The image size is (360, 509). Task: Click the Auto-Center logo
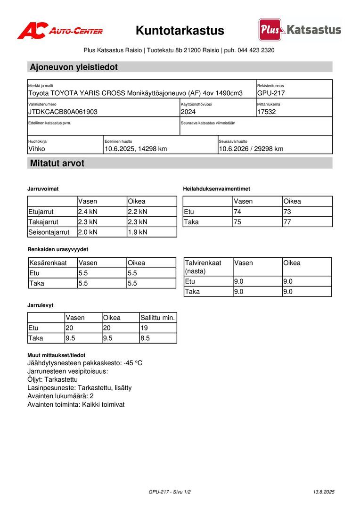(x=60, y=31)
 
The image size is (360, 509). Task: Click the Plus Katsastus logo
(x=300, y=30)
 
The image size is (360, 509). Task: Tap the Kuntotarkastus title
(x=180, y=31)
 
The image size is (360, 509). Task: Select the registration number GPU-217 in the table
(x=271, y=93)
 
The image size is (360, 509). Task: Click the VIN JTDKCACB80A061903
(x=63, y=112)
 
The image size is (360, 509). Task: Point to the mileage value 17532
(x=267, y=112)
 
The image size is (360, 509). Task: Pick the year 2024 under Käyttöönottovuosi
(x=188, y=112)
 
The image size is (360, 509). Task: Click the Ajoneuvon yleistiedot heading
(x=74, y=67)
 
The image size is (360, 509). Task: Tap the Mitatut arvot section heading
(x=57, y=164)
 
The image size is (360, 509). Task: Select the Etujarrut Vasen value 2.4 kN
(x=88, y=212)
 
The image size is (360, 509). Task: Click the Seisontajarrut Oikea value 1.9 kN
(x=138, y=232)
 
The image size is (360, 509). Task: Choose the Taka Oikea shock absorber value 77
(x=287, y=222)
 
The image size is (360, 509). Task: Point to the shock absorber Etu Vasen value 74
(x=237, y=212)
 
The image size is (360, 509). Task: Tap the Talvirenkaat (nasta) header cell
(x=203, y=267)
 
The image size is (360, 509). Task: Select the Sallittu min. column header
(x=158, y=318)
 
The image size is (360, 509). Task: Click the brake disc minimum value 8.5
(x=146, y=338)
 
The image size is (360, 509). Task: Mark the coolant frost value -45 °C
(x=133, y=363)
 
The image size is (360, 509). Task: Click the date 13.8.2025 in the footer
(x=324, y=492)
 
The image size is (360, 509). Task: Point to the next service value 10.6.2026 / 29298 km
(x=251, y=149)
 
